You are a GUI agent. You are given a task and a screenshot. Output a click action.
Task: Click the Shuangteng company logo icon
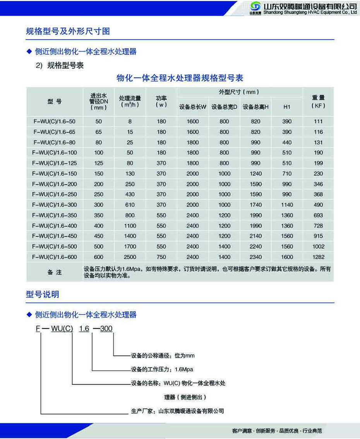click(x=255, y=7)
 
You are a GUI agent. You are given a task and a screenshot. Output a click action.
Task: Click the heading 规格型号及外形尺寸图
click(x=68, y=31)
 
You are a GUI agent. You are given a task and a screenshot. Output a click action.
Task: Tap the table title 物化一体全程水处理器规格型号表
click(x=180, y=78)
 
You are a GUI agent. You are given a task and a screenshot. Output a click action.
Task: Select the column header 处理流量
click(x=130, y=101)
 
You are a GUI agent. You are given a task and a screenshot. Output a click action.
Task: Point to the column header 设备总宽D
click(x=224, y=107)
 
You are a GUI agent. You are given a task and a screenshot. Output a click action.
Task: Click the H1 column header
click(x=287, y=107)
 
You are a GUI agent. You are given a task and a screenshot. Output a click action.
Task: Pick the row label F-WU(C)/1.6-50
click(x=55, y=122)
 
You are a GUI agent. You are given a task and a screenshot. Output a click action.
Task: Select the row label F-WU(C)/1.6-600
click(x=55, y=257)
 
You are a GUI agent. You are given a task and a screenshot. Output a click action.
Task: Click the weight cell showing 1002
click(x=318, y=247)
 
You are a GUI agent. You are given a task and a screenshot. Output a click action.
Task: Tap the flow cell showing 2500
click(x=130, y=257)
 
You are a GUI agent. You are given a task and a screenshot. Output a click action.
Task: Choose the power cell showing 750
click(x=161, y=257)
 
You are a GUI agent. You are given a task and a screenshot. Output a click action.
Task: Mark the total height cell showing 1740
click(x=255, y=205)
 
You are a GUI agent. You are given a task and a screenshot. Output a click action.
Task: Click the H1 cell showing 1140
click(x=287, y=205)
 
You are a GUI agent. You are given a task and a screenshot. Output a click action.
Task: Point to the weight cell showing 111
click(x=318, y=122)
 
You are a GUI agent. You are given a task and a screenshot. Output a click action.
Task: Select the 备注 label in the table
click(x=55, y=273)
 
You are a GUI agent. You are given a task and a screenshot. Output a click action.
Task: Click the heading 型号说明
click(x=43, y=295)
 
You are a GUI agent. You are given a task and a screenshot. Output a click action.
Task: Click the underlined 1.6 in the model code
click(x=84, y=329)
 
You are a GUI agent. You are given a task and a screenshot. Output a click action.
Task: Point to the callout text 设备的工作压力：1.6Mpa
click(x=162, y=369)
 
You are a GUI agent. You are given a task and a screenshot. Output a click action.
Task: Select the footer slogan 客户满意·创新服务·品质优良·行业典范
click(x=277, y=430)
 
